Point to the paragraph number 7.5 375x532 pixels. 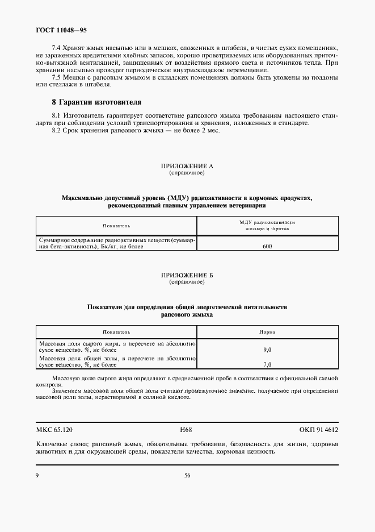pyautogui.click(x=57, y=77)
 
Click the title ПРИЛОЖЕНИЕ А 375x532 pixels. pyautogui.click(x=187, y=166)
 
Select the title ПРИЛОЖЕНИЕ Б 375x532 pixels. pyautogui.click(x=187, y=275)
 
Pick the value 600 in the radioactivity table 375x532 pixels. pyautogui.click(x=268, y=247)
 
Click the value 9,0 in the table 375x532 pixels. pyautogui.click(x=268, y=350)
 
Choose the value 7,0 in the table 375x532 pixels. pyautogui.click(x=268, y=364)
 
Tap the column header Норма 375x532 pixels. pyautogui.click(x=268, y=331)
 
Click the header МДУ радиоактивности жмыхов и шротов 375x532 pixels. pyautogui.click(x=268, y=226)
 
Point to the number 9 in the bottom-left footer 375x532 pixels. pyautogui.click(x=37, y=475)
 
